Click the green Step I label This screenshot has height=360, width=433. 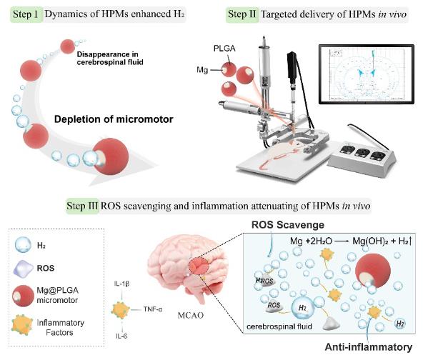point(24,13)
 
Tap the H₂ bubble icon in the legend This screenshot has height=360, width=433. point(24,244)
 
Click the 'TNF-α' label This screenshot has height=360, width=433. point(149,310)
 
